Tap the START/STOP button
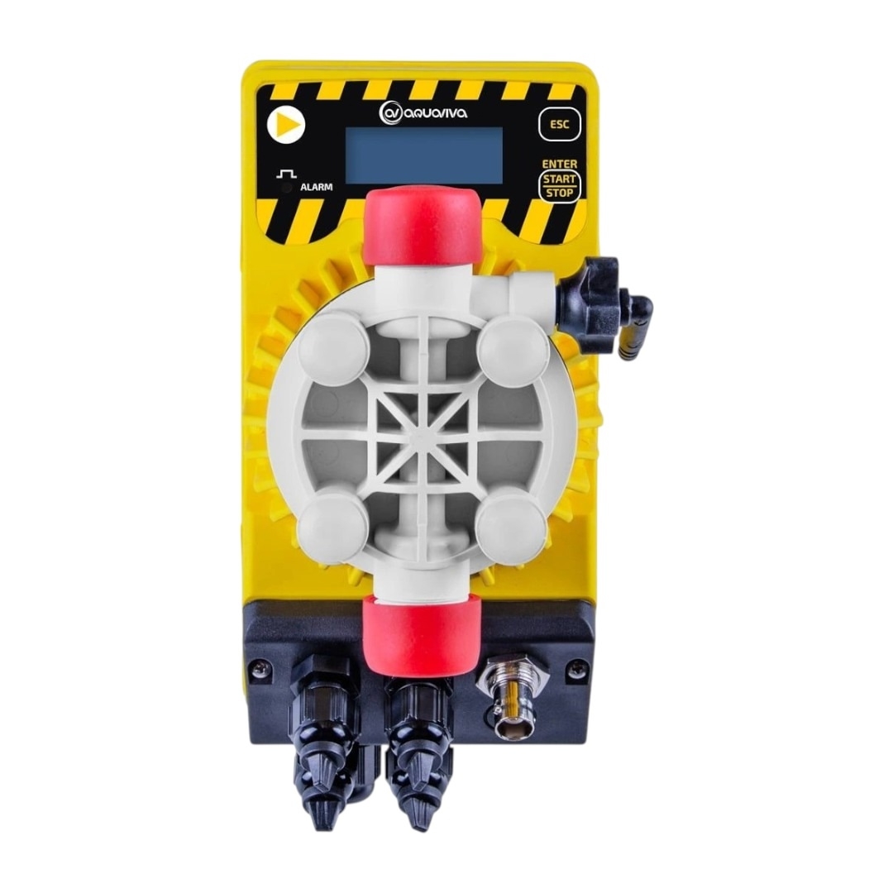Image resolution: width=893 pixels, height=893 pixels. point(559,187)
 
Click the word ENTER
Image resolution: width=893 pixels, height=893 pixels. point(559,164)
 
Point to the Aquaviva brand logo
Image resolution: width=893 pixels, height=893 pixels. point(423,112)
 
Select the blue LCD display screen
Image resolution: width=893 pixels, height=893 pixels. point(423,155)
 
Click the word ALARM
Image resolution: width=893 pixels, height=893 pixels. point(317,187)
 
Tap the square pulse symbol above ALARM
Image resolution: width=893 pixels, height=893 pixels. point(286,173)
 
